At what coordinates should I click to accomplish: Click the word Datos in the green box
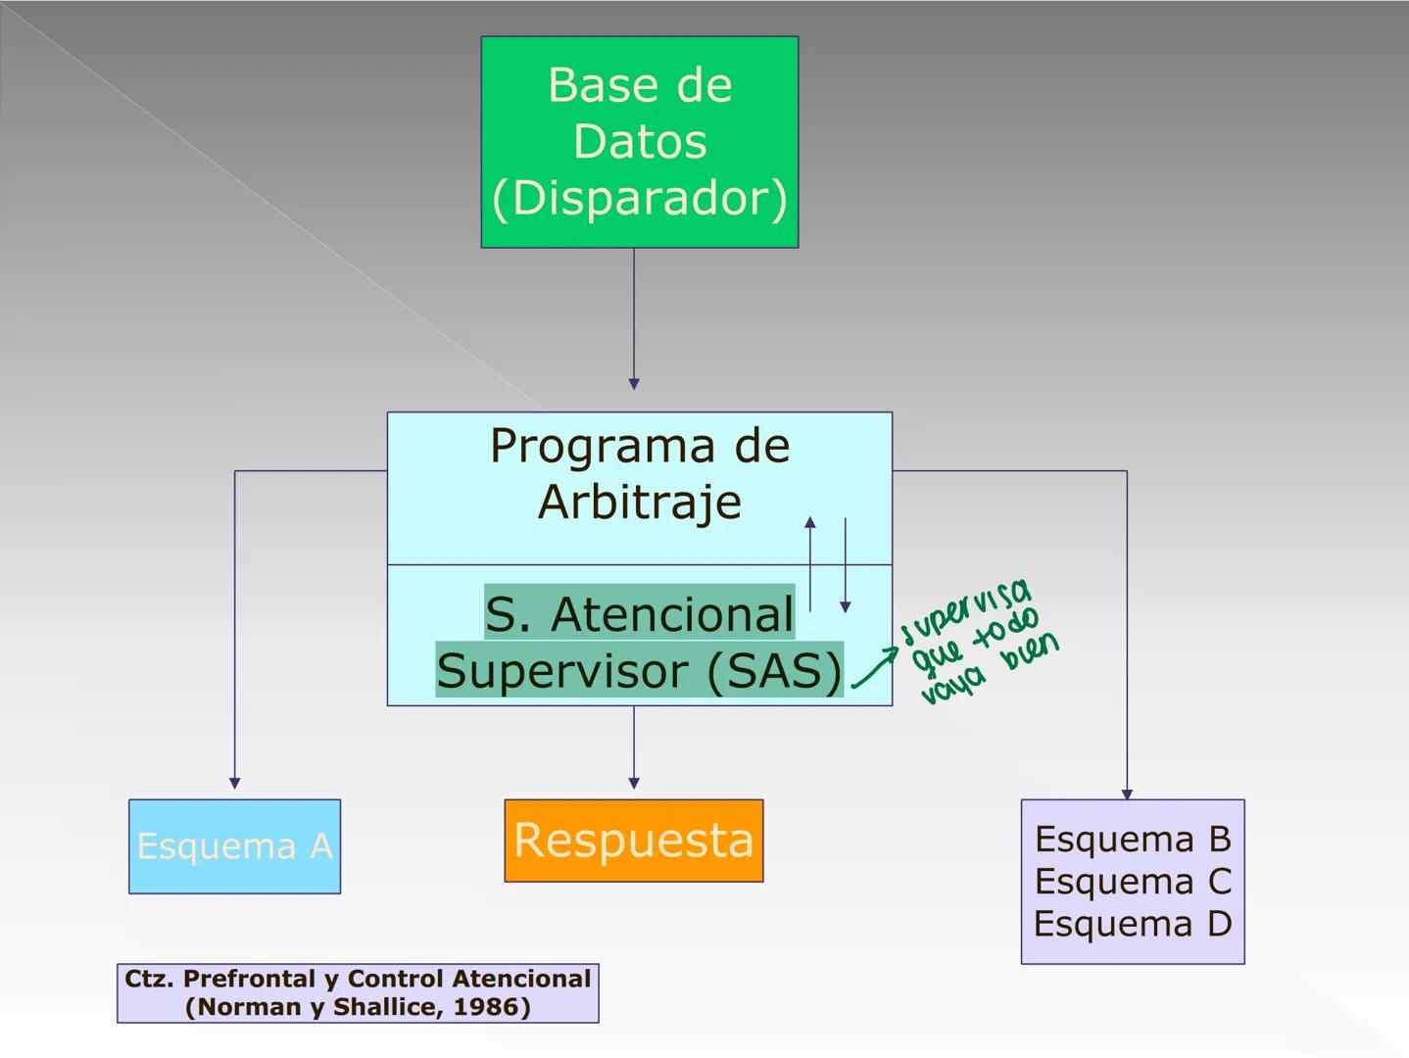tap(640, 142)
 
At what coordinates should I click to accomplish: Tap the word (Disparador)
tap(640, 199)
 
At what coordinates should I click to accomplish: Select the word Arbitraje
tap(640, 503)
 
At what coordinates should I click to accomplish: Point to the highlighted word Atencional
tap(672, 615)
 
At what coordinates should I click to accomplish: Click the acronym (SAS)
tap(773, 672)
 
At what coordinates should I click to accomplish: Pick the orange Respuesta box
tap(634, 841)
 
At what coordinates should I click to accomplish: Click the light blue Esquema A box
tap(234, 846)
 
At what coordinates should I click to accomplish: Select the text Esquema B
tap(1133, 840)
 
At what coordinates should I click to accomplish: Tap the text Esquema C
tap(1133, 882)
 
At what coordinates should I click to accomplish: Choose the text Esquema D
tap(1133, 924)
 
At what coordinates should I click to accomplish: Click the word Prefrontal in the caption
tap(249, 979)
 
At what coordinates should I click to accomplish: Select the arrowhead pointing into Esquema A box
tap(234, 783)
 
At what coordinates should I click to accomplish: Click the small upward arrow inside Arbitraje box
tap(809, 525)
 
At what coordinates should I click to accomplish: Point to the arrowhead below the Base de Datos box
tap(634, 384)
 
